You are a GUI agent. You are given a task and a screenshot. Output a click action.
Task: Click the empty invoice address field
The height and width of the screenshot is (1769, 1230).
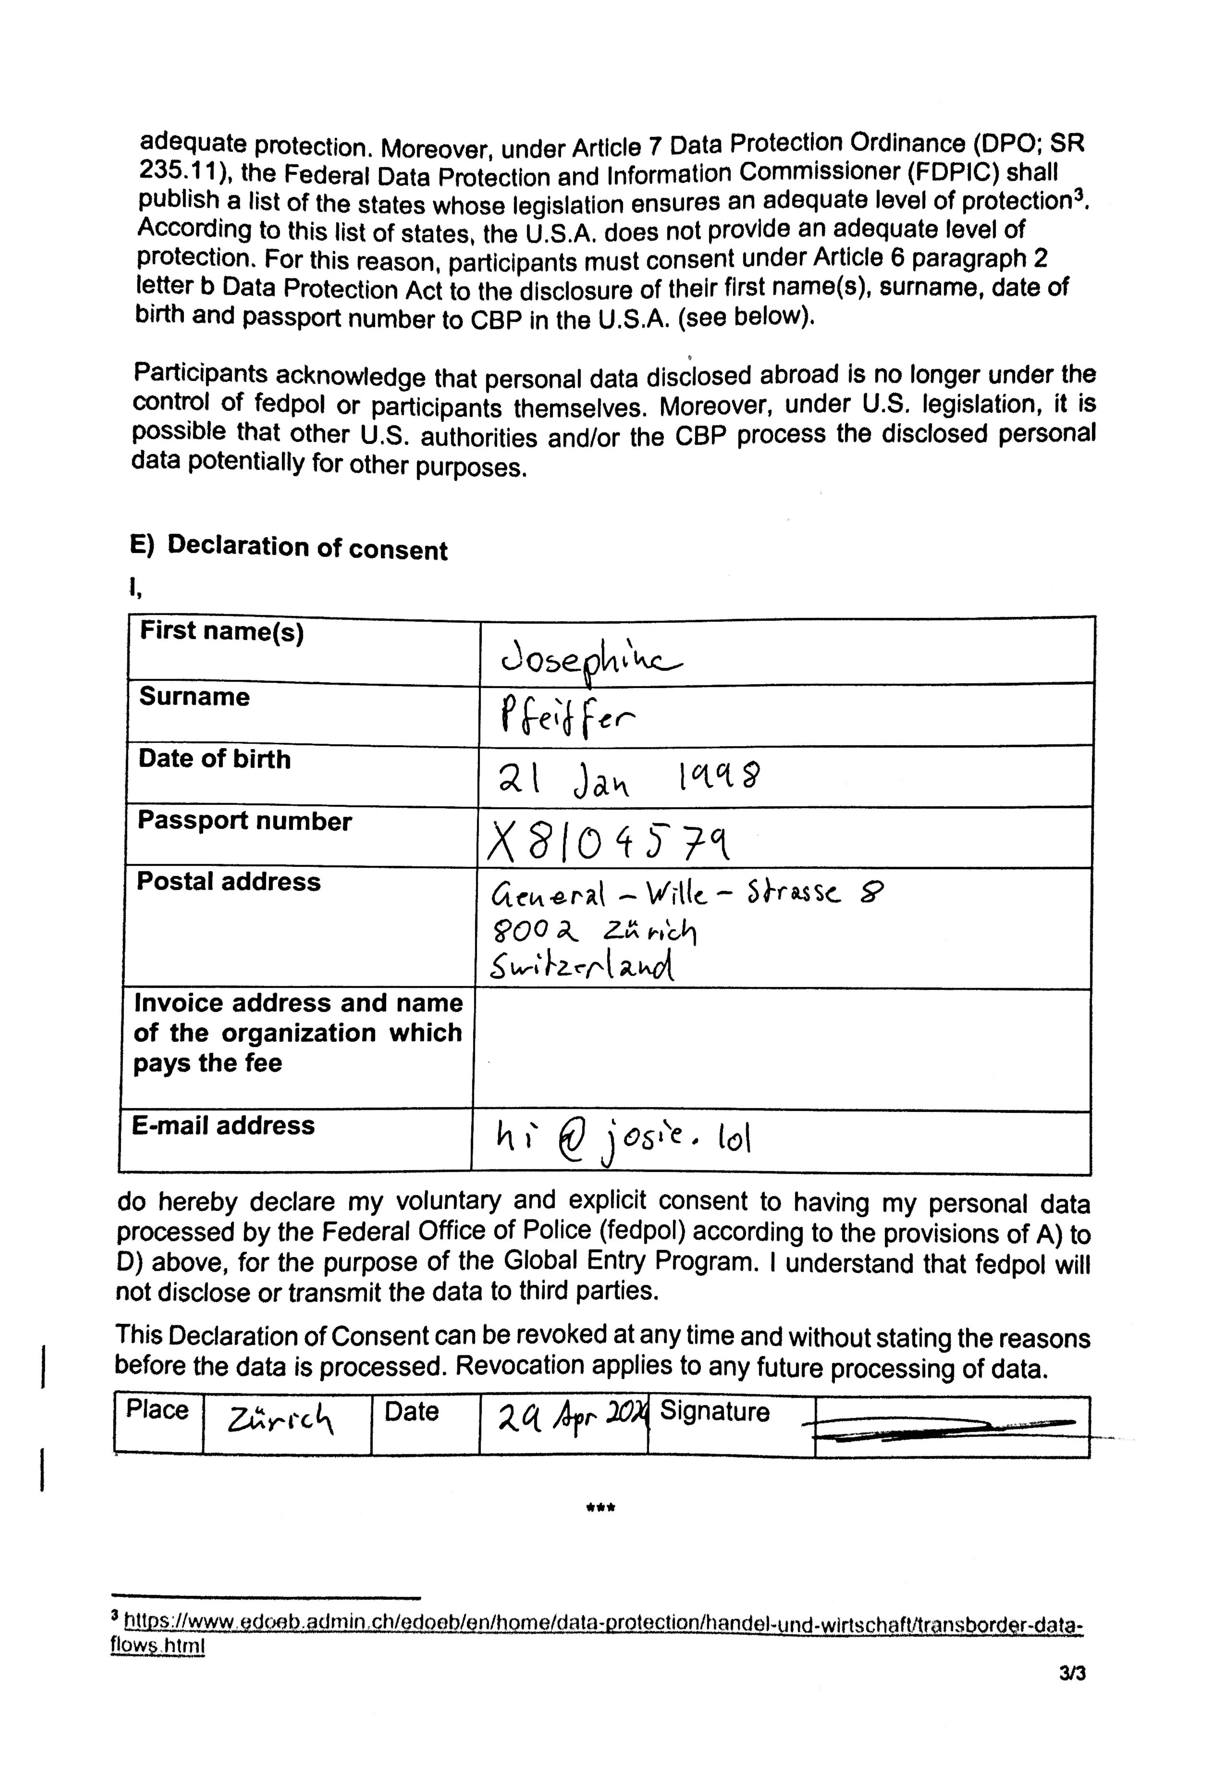point(782,1049)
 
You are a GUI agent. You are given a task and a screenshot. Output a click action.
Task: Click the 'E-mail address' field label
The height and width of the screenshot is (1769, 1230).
point(223,1126)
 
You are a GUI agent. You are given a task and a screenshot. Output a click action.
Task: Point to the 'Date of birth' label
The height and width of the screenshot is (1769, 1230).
point(215,760)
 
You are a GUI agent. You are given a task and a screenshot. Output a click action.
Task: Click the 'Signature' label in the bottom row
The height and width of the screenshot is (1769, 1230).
point(714,1411)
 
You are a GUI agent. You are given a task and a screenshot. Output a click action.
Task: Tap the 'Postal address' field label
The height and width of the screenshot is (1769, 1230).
point(228,881)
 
